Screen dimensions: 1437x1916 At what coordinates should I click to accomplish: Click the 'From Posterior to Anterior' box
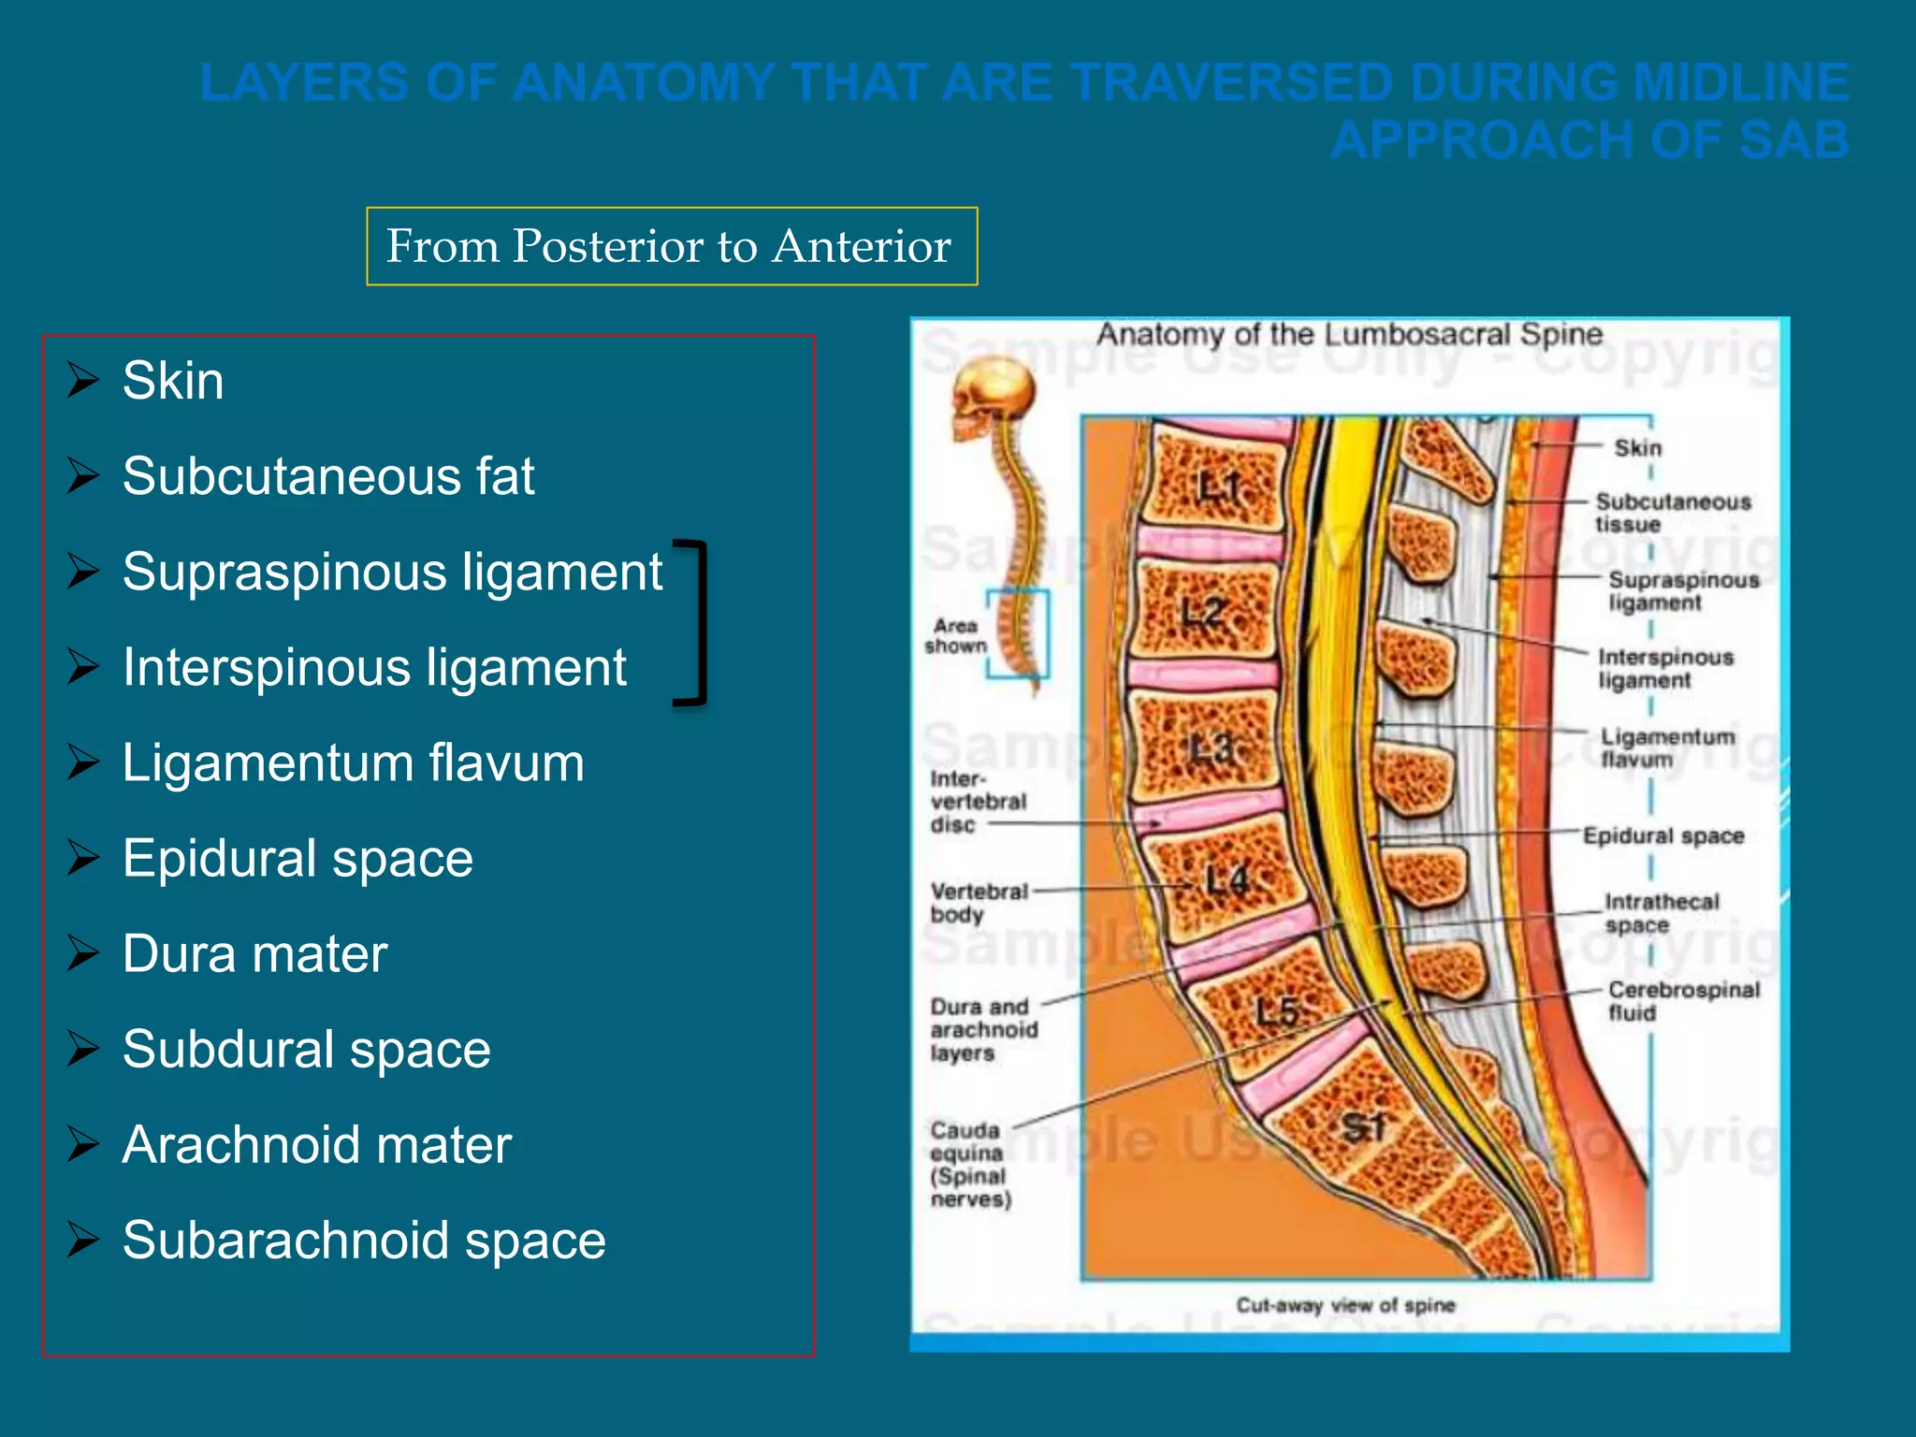click(x=671, y=246)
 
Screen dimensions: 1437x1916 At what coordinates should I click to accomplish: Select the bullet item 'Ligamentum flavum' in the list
click(x=353, y=762)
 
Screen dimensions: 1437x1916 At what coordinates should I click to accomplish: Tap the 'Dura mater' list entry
click(x=254, y=953)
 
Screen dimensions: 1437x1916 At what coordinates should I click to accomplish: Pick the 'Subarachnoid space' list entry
click(x=364, y=1240)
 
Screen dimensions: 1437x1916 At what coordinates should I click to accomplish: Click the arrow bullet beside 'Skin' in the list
click(x=83, y=381)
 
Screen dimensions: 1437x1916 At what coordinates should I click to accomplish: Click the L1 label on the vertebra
click(x=1219, y=486)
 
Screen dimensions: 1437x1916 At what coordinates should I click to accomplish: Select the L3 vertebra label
click(x=1212, y=748)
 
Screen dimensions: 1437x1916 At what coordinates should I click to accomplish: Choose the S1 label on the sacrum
click(x=1363, y=1127)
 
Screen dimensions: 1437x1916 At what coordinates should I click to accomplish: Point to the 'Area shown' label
click(x=955, y=636)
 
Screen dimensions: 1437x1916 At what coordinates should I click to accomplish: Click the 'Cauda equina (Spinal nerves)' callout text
click(x=970, y=1165)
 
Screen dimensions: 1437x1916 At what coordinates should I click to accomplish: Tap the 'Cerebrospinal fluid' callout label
click(x=1683, y=1001)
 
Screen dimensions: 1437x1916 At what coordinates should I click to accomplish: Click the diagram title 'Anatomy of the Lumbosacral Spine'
click(x=1349, y=334)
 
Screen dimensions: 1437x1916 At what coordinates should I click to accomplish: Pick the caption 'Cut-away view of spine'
click(x=1345, y=1305)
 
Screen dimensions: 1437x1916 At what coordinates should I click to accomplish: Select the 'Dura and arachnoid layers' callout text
click(x=983, y=1030)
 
